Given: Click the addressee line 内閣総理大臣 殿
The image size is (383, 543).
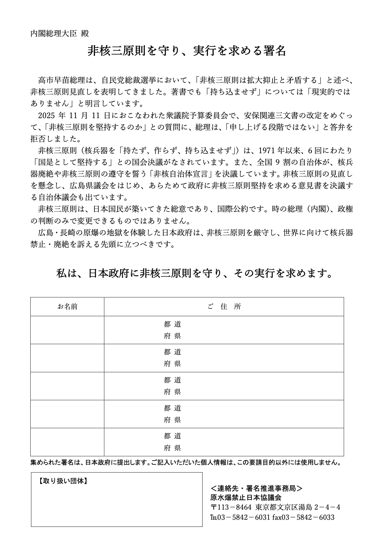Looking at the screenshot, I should [x=60, y=33].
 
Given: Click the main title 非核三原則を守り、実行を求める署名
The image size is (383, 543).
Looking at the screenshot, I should [x=187, y=51].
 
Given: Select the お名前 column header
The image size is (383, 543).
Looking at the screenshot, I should [x=67, y=307].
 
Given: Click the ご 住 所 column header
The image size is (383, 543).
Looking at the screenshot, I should [x=224, y=307].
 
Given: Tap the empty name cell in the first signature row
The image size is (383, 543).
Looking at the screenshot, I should [x=67, y=330].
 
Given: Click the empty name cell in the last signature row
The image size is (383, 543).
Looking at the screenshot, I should [x=67, y=442].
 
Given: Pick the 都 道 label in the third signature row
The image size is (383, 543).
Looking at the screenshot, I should [x=172, y=380].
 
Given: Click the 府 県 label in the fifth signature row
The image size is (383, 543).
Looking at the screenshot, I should [x=172, y=448].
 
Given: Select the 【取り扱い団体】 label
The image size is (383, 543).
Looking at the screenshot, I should [x=63, y=481].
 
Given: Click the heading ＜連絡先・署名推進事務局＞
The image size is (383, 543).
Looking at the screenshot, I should [x=256, y=488].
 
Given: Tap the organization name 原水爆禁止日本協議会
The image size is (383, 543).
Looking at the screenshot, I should [x=246, y=498].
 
